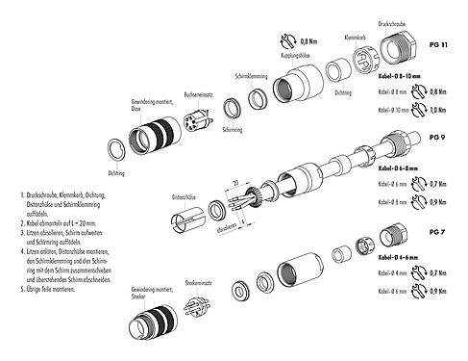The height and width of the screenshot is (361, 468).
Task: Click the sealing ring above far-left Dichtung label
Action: (113, 149)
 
